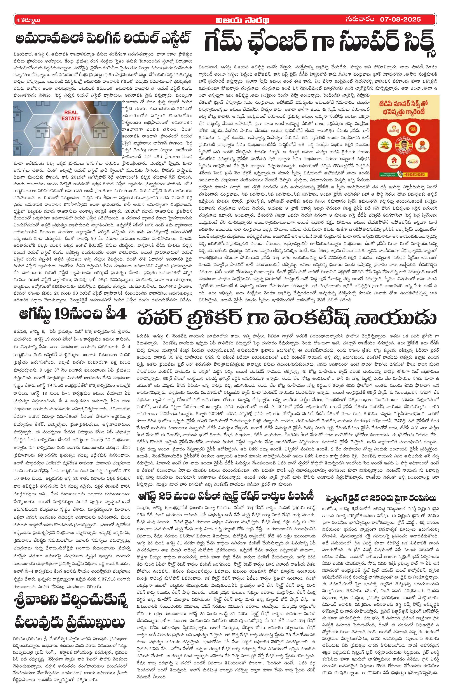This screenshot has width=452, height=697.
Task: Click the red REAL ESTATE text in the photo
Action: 71,115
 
